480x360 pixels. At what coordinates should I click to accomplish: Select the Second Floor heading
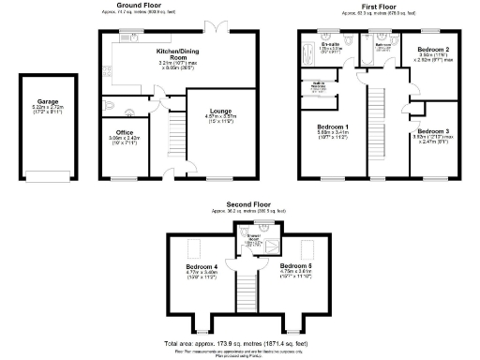tap(247, 203)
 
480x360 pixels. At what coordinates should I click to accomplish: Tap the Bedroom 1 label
tap(334, 126)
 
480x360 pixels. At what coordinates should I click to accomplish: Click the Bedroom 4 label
tap(202, 267)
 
